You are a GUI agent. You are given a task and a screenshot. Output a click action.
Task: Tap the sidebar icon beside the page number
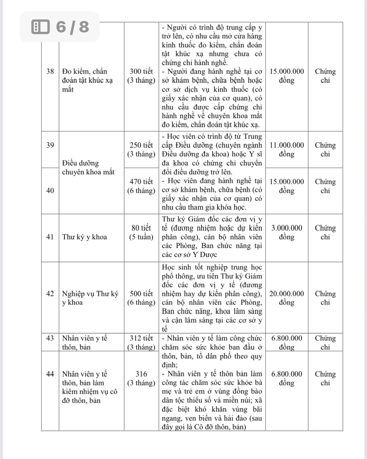point(40,27)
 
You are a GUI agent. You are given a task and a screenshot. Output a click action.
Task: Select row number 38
point(50,71)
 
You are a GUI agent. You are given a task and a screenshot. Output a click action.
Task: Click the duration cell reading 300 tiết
point(141,76)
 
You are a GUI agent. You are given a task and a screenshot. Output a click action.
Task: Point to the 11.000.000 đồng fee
point(286,150)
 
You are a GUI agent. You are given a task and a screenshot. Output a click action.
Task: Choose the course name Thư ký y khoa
point(85,237)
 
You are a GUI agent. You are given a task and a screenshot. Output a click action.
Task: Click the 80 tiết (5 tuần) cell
point(141,232)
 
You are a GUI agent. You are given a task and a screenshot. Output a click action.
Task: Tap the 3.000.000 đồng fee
point(286,232)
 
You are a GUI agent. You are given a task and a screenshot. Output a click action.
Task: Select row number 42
point(50,294)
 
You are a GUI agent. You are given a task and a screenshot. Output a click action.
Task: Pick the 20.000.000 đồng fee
point(286,298)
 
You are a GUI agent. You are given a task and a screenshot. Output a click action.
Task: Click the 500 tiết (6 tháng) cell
point(141,298)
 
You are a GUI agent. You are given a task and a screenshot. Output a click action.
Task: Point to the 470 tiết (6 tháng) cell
point(141,186)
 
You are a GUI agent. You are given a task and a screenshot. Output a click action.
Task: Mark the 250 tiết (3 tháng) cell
point(141,150)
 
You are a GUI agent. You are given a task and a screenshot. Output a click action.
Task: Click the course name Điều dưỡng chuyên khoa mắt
point(88,168)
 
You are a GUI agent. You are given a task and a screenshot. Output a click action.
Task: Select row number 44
point(50,374)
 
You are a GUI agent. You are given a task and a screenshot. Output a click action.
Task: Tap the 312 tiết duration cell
point(141,342)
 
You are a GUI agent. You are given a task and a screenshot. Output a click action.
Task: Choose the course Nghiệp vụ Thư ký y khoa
point(90,298)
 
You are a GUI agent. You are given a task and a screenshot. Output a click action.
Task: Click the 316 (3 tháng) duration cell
point(141,378)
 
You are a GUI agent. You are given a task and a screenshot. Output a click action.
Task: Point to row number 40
point(50,190)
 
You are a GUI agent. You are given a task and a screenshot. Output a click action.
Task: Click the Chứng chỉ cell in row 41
point(325,232)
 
